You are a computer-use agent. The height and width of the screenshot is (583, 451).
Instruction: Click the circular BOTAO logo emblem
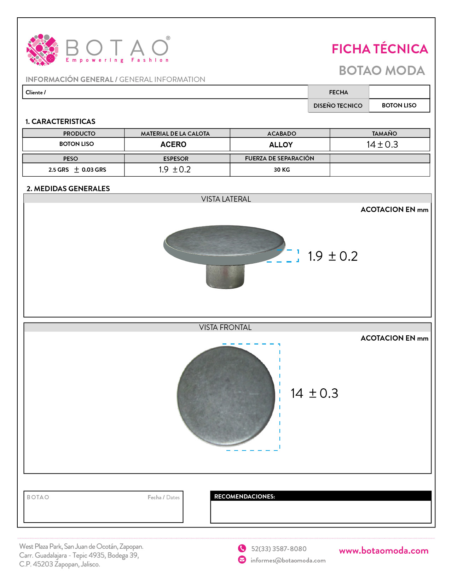(x=42, y=50)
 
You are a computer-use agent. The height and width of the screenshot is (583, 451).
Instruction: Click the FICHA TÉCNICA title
(x=380, y=49)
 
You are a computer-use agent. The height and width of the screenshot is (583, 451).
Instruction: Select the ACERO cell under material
(x=173, y=145)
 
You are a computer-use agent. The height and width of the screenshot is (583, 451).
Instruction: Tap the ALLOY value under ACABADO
(x=281, y=145)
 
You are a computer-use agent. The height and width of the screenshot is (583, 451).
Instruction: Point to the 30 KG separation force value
(x=282, y=170)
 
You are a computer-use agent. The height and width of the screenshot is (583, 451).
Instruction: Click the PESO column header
(x=71, y=159)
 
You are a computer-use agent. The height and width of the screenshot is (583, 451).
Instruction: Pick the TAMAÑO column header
(x=384, y=134)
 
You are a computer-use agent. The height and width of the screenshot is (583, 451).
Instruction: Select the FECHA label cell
(x=339, y=92)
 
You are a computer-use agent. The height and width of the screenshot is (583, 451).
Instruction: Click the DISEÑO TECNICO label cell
(x=338, y=106)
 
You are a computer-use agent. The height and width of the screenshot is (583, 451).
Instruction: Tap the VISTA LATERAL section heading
(x=226, y=199)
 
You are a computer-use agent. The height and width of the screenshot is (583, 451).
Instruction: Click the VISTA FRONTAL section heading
(x=225, y=328)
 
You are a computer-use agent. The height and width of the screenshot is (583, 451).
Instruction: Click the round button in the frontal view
(x=226, y=396)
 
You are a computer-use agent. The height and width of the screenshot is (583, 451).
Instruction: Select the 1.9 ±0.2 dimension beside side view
(x=333, y=256)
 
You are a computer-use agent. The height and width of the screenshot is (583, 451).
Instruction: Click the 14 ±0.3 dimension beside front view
(x=314, y=393)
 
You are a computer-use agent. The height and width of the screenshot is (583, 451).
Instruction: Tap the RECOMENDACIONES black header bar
(x=320, y=496)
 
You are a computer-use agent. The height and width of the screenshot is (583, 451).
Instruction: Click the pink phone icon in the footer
(x=242, y=548)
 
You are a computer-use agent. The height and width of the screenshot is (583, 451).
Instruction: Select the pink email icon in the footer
(x=242, y=560)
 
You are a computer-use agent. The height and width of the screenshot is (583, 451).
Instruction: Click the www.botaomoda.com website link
(x=383, y=551)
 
